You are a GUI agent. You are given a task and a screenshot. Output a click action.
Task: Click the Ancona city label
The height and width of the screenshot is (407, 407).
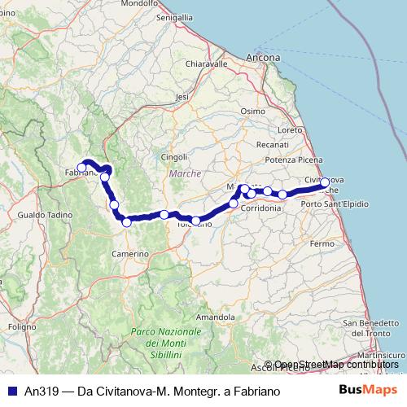tap(263, 58)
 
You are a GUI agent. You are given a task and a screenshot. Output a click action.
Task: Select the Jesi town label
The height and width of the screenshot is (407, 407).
tap(182, 96)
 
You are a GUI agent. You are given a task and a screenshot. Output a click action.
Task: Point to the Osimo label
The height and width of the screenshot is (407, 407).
tap(253, 111)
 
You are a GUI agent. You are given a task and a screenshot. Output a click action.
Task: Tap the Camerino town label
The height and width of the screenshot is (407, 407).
tap(129, 254)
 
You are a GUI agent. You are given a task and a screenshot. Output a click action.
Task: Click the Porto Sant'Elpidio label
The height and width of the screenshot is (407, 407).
tap(335, 203)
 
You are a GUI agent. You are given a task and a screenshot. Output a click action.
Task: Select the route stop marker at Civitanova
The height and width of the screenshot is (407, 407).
tap(325, 183)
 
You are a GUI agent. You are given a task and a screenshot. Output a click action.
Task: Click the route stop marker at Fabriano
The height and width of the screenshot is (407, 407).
tap(81, 168)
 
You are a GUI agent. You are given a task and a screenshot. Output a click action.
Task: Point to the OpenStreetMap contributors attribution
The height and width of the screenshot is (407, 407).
tap(336, 364)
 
